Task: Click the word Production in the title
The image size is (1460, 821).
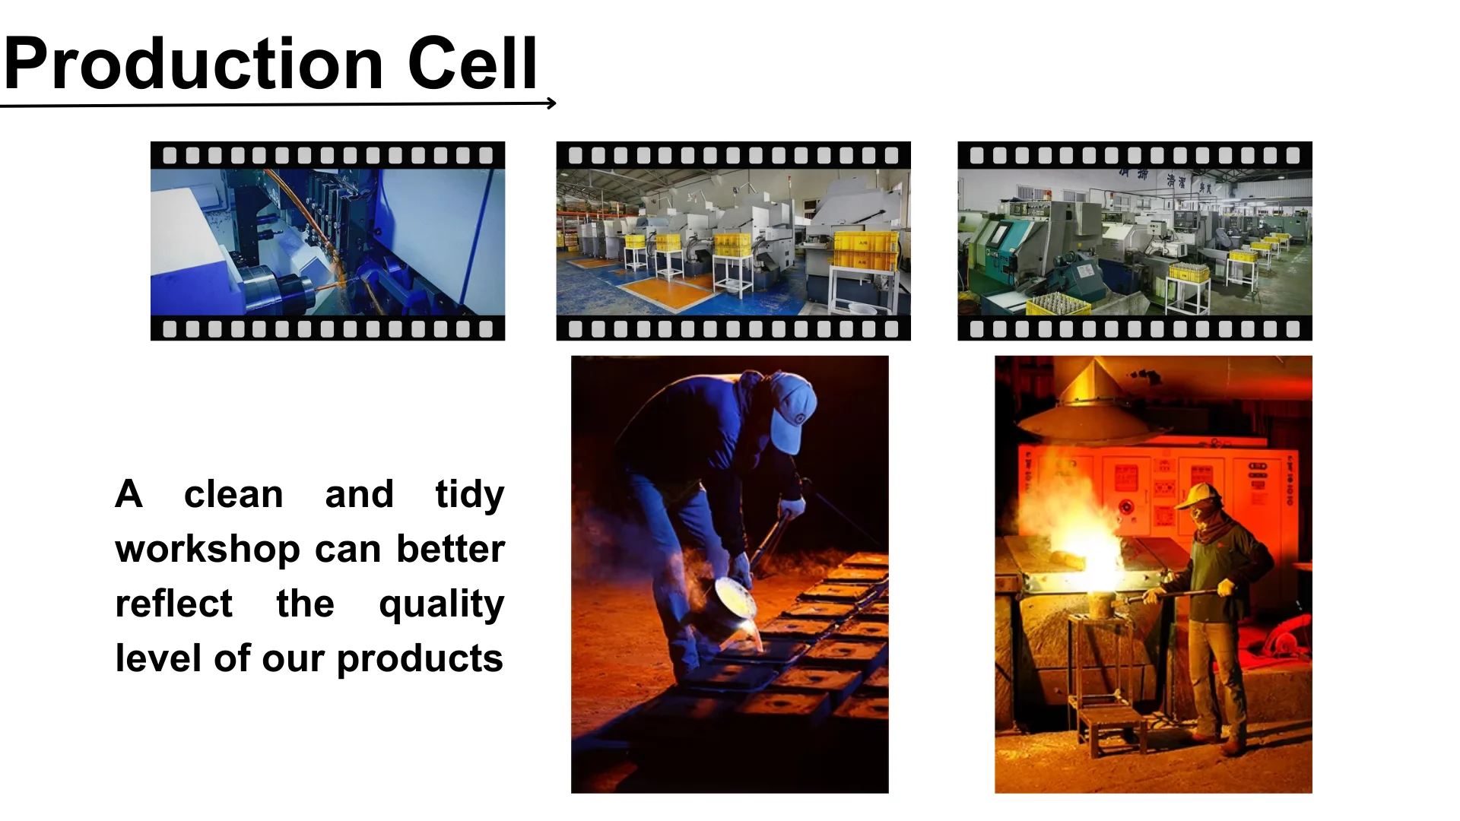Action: click(x=193, y=63)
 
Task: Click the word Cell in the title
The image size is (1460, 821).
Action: click(x=472, y=63)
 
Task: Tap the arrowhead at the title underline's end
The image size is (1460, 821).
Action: click(x=551, y=103)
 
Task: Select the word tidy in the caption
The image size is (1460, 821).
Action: click(x=469, y=496)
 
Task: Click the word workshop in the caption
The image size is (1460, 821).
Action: click(x=208, y=550)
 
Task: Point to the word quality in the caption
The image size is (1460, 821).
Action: click(x=441, y=605)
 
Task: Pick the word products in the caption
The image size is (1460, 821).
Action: click(x=420, y=659)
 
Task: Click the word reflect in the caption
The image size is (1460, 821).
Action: click(x=173, y=604)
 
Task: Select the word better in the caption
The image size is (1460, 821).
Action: click(x=450, y=549)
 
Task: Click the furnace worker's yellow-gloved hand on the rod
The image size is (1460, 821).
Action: click(x=1225, y=588)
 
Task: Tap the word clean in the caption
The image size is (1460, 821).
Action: click(x=233, y=495)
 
